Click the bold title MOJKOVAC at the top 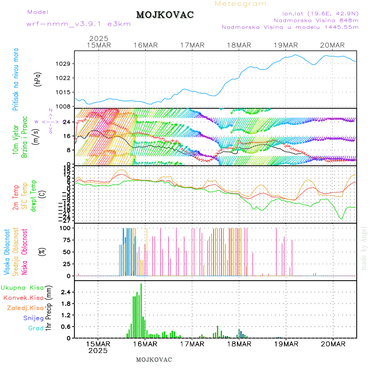[x=165, y=15]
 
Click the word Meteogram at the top [x=241, y=4]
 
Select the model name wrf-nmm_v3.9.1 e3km [x=79, y=24]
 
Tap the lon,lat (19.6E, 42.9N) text [x=320, y=13]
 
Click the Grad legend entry [x=36, y=328]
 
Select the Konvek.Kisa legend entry [x=23, y=298]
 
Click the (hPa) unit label [x=38, y=79]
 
